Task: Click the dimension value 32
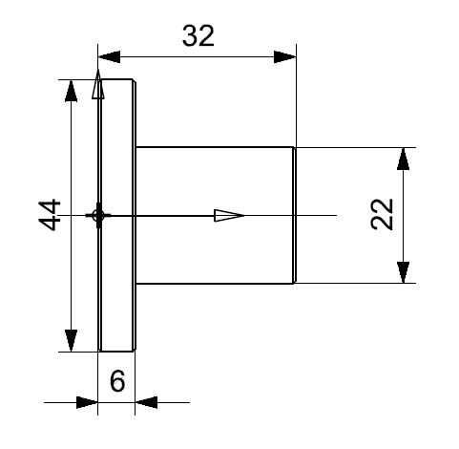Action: pyautogui.click(x=198, y=36)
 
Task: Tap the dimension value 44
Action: pyautogui.click(x=50, y=215)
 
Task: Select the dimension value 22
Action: pyautogui.click(x=382, y=214)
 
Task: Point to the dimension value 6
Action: pyautogui.click(x=117, y=381)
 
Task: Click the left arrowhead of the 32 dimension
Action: pyautogui.click(x=110, y=57)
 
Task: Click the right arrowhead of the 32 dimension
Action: pyautogui.click(x=284, y=57)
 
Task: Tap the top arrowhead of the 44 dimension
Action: pyautogui.click(x=71, y=91)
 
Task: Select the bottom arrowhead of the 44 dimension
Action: pyautogui.click(x=71, y=340)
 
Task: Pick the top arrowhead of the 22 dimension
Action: pyautogui.click(x=403, y=159)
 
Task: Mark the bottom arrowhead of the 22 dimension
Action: pyautogui.click(x=403, y=272)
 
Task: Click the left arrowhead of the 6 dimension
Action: pyautogui.click(x=87, y=402)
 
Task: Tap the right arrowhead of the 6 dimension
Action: pyautogui.click(x=146, y=402)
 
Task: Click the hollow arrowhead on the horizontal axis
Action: pyautogui.click(x=229, y=216)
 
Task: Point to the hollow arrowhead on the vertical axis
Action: pyautogui.click(x=98, y=84)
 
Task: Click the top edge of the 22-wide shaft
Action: pyautogui.click(x=215, y=147)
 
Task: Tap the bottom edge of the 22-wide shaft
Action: pyautogui.click(x=215, y=283)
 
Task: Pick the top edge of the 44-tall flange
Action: pyautogui.click(x=116, y=79)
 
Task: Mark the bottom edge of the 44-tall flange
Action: pyautogui.click(x=116, y=352)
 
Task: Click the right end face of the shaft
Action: pyautogui.click(x=295, y=215)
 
